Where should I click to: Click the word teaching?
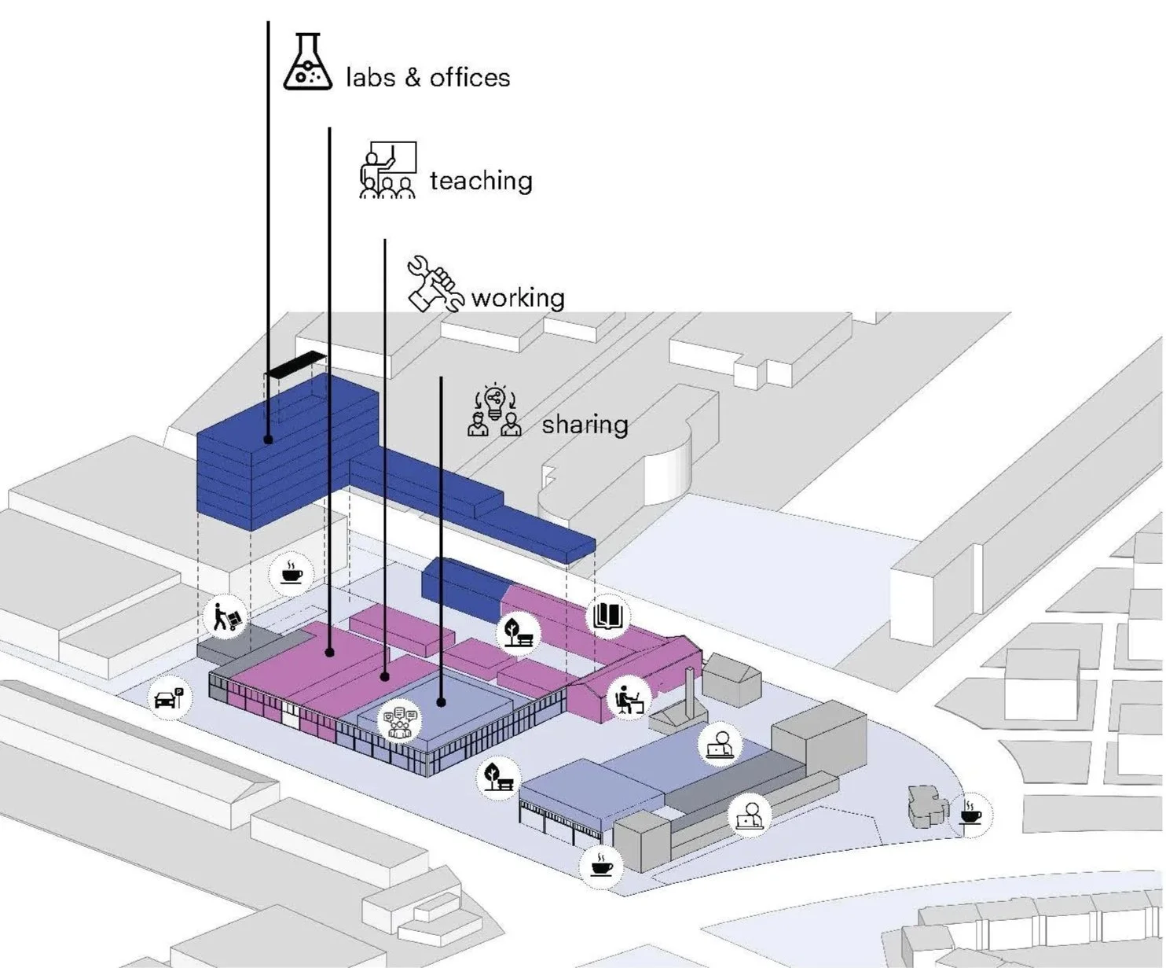(481, 181)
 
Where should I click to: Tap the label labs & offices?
(428, 77)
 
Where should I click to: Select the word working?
(518, 298)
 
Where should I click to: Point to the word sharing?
(585, 425)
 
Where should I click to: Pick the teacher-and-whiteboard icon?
(387, 169)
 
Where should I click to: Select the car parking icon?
(169, 697)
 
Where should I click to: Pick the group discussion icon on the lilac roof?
(400, 722)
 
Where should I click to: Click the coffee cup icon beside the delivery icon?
(291, 572)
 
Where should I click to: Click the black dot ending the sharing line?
(442, 701)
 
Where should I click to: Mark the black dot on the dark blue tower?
(269, 439)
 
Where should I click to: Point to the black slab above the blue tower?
(295, 363)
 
